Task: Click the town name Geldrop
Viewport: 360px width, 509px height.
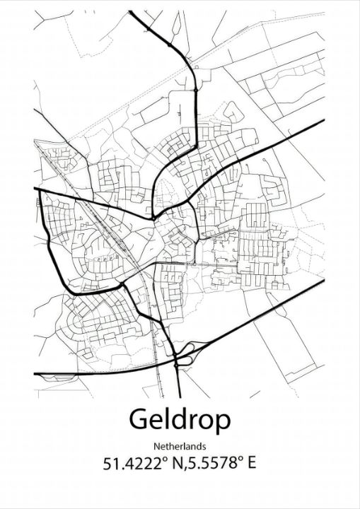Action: (x=180, y=421)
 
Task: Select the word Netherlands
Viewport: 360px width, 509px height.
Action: (x=180, y=446)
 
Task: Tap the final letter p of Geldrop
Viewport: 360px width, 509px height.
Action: (x=222, y=423)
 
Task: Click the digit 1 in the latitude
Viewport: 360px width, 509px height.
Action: (x=116, y=464)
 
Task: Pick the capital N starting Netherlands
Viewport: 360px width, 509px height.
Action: (x=155, y=446)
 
